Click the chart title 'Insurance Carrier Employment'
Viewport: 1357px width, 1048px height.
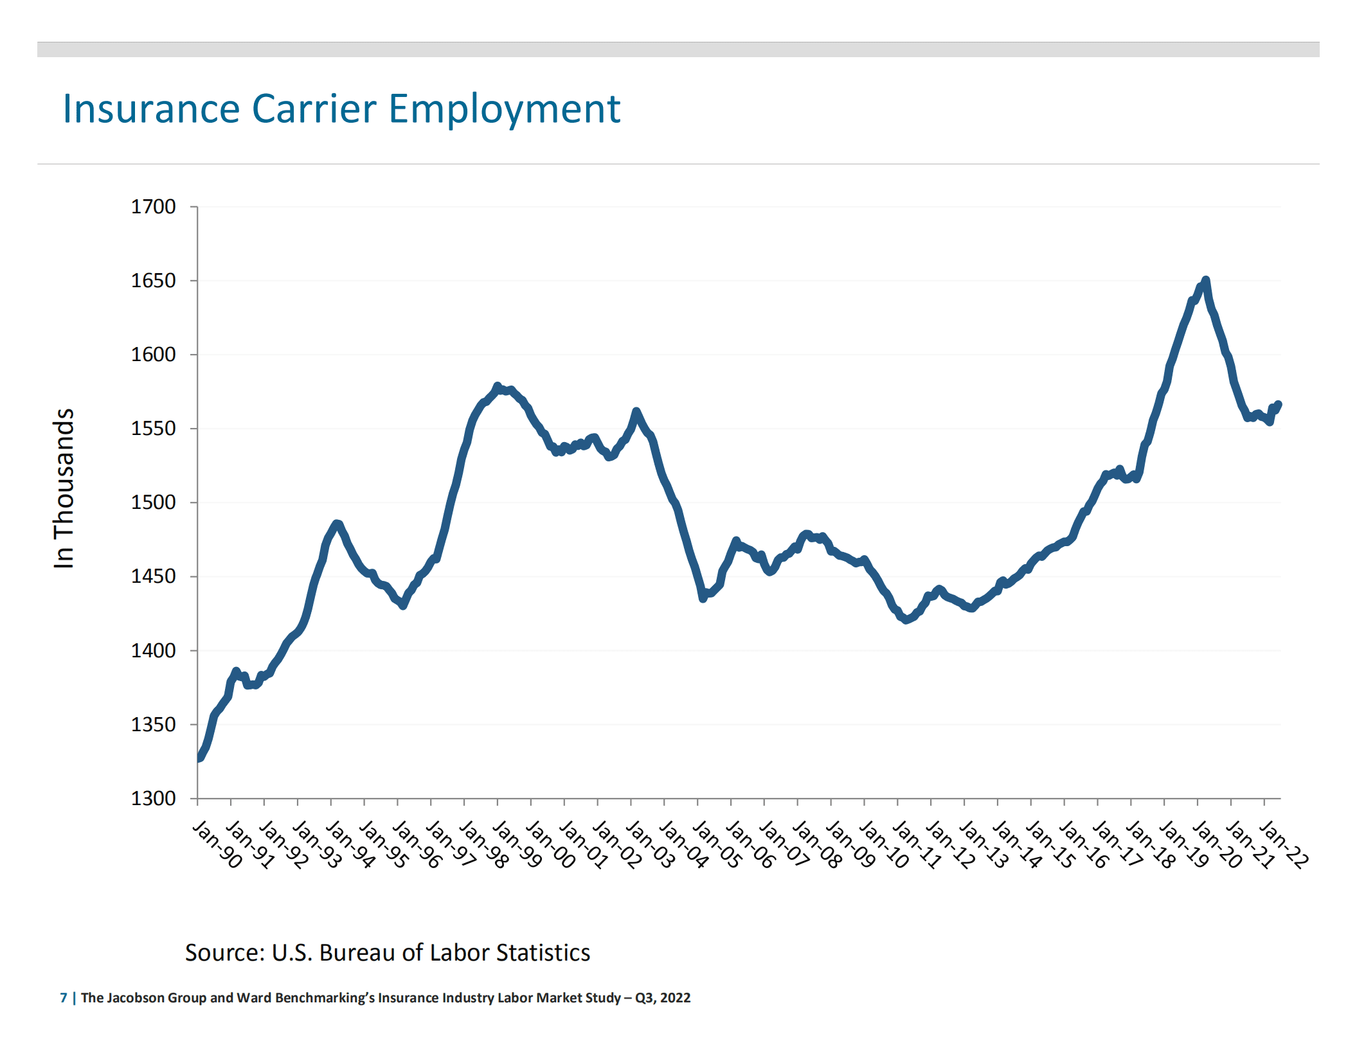341,109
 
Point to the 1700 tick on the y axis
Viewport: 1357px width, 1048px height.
153,207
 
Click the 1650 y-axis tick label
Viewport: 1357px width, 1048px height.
153,281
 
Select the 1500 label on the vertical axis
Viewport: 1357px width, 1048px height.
153,502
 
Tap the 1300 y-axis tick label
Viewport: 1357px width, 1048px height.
153,798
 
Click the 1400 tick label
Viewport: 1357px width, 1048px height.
153,650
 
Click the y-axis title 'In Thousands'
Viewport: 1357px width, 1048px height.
64,488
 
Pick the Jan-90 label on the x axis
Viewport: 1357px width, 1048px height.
217,845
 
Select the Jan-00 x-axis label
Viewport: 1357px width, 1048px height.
551,845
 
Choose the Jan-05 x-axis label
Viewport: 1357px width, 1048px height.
717,845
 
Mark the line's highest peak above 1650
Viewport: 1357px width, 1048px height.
1205,280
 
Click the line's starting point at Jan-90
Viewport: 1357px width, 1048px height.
199,758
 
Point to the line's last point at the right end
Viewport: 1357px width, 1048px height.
1279,404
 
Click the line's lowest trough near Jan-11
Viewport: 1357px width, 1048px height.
906,620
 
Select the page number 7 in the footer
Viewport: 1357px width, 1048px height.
64,998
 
